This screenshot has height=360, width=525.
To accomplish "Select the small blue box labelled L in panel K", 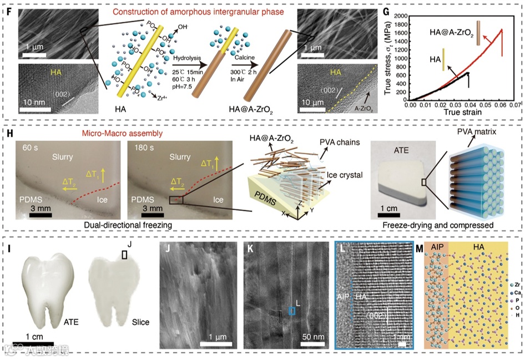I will coord(292,311).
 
